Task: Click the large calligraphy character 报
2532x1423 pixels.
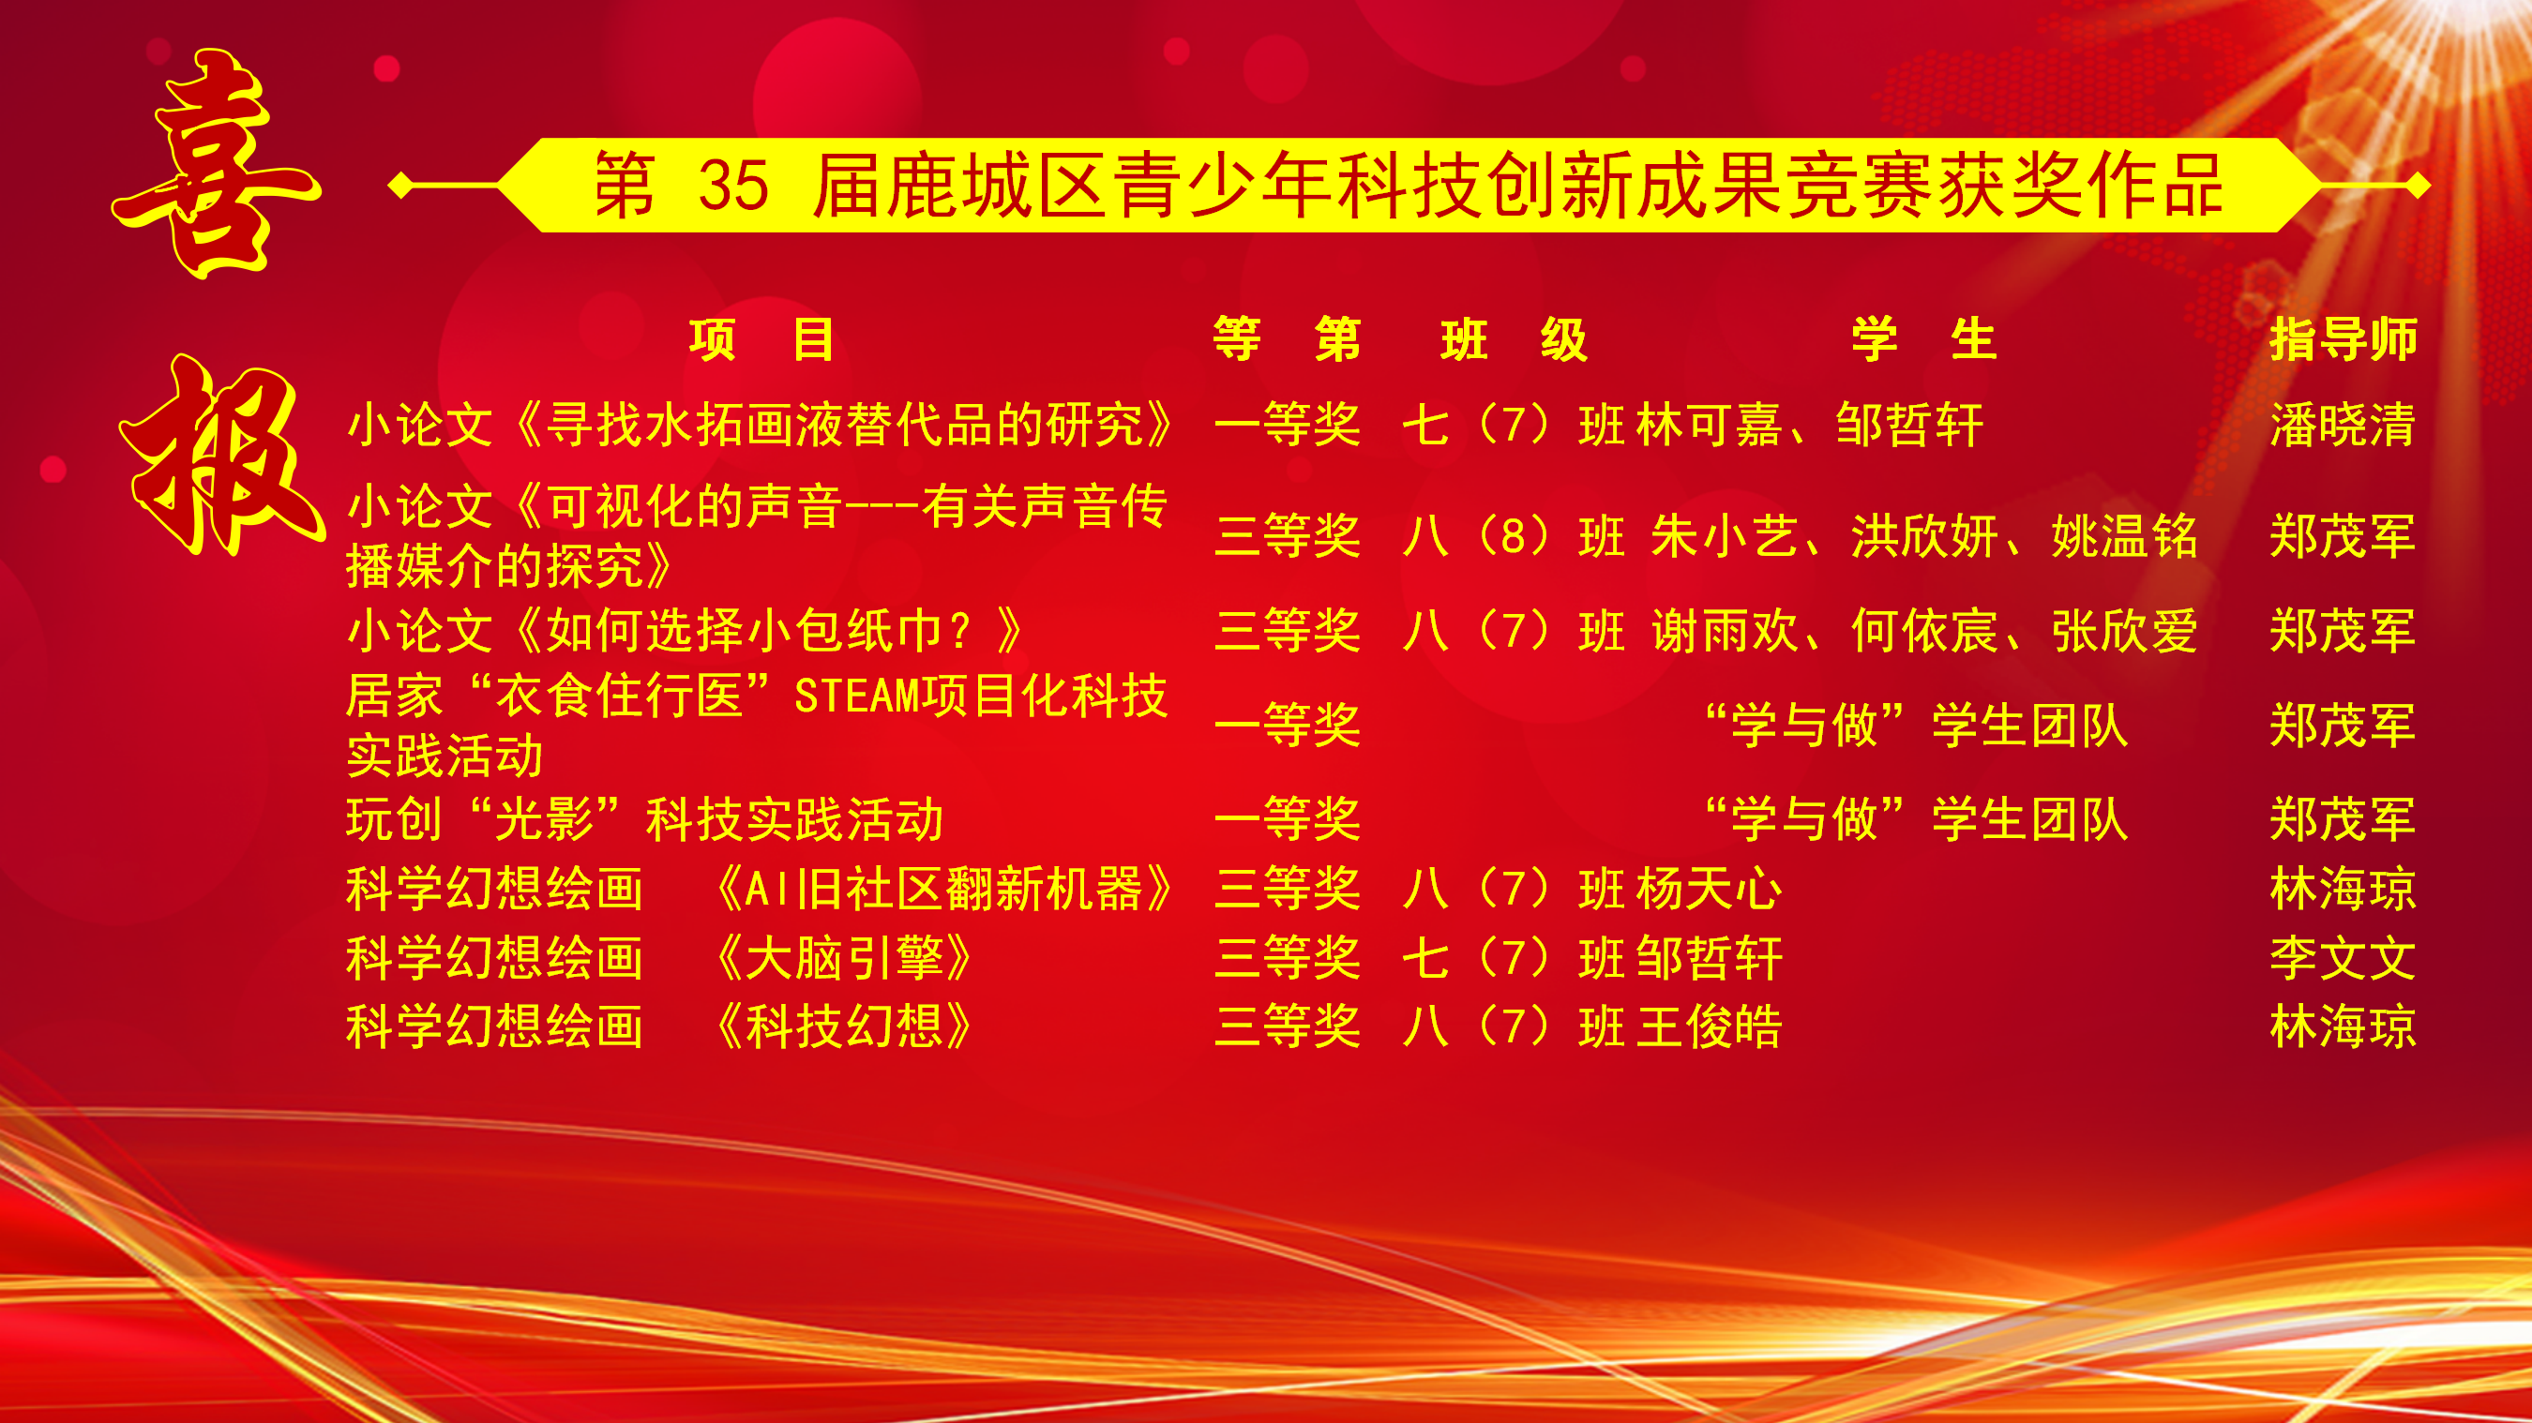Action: click(x=222, y=454)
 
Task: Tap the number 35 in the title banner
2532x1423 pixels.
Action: click(x=733, y=185)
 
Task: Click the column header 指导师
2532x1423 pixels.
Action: click(x=2343, y=340)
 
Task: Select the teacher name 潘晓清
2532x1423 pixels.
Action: click(x=2343, y=425)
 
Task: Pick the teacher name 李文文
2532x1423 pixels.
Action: click(x=2343, y=957)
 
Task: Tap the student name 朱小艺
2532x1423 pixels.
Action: click(x=1724, y=536)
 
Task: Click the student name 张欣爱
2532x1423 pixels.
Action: click(x=2124, y=630)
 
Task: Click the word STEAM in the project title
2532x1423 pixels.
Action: click(x=856, y=696)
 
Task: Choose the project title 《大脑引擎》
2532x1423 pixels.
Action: click(x=842, y=957)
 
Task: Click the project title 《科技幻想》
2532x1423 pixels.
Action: click(x=842, y=1026)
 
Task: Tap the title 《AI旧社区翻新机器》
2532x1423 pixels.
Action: click(x=942, y=889)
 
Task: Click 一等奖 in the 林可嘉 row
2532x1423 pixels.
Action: click(x=1288, y=425)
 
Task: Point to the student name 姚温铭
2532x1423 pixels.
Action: click(x=2124, y=536)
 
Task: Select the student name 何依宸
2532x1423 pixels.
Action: click(x=1924, y=630)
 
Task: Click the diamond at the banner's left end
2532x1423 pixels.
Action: click(x=400, y=185)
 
